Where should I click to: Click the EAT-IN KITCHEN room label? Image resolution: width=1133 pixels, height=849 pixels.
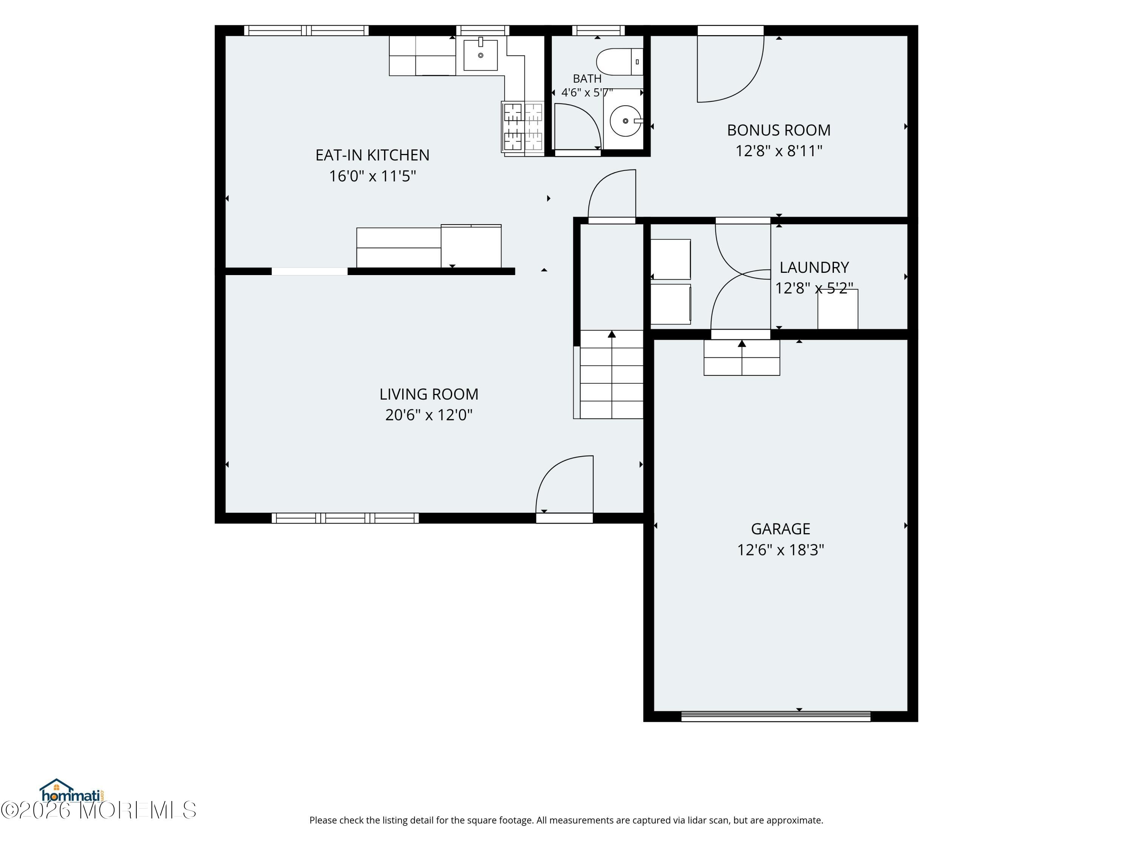coord(372,155)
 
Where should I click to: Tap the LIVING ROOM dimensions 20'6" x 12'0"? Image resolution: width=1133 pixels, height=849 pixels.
coord(429,415)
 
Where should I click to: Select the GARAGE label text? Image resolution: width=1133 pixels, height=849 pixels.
coord(781,529)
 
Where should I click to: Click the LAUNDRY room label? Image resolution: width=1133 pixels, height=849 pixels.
coord(814,267)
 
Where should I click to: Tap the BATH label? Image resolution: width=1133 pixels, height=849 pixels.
coord(587,79)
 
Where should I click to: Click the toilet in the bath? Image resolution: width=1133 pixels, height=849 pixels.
coord(620,62)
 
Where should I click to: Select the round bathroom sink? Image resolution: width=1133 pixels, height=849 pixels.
coord(625,121)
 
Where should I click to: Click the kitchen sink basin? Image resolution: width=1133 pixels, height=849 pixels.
coord(480,55)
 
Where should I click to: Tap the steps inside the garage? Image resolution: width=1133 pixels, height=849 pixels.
coord(742,358)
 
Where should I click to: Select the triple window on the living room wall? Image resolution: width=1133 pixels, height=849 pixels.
coord(345,518)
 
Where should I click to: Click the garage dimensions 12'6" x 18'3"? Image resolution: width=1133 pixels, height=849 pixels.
coord(781,550)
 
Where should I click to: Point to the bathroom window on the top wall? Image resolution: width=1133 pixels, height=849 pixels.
coord(598,30)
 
